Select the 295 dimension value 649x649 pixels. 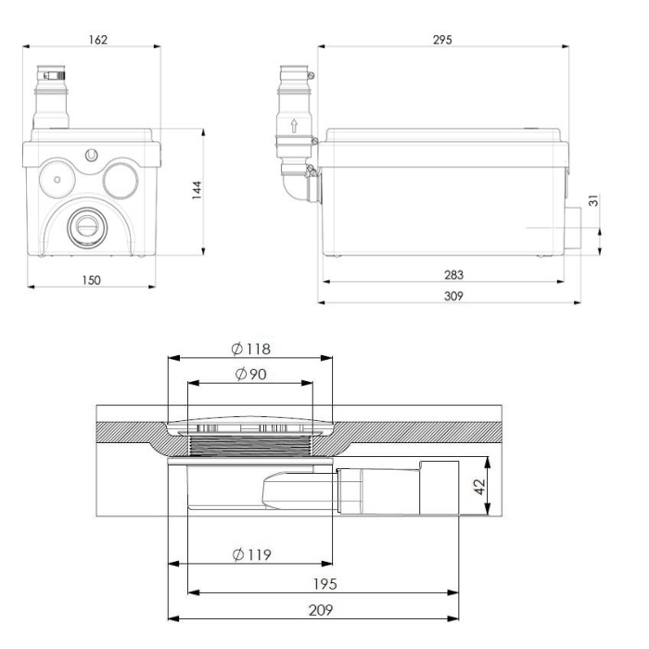point(443,40)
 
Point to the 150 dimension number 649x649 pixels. point(90,278)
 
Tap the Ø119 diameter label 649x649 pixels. point(250,554)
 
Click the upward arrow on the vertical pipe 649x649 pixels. point(295,125)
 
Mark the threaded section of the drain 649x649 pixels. point(251,447)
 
